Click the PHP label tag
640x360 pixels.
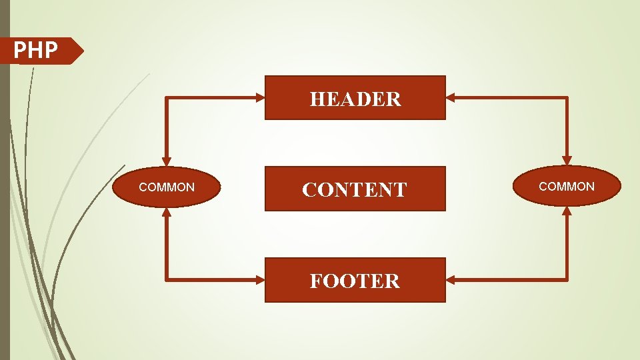40,51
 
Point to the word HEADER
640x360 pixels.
355,99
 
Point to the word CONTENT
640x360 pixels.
354,190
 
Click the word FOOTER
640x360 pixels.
355,281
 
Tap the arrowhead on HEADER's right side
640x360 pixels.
450,97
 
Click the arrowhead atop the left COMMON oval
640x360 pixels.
167,161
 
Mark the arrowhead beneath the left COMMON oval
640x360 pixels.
167,212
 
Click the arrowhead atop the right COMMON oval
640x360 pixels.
567,161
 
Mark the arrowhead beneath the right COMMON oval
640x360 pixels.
567,211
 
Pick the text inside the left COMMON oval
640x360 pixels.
167,187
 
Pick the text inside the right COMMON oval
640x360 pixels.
567,187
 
